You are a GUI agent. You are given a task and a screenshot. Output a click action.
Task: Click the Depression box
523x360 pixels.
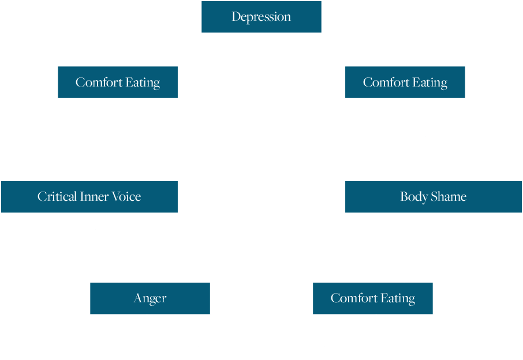(261, 17)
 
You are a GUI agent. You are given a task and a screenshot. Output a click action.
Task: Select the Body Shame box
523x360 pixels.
(433, 197)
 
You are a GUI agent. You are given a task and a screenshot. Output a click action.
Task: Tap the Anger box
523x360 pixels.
(150, 298)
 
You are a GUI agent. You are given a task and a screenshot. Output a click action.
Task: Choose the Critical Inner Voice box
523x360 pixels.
(89, 197)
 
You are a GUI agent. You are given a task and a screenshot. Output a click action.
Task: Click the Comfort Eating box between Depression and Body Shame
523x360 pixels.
(405, 82)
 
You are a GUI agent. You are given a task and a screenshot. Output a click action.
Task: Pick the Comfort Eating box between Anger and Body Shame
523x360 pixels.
(372, 298)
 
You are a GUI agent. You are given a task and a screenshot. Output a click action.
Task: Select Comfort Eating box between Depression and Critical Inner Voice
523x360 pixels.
(118, 82)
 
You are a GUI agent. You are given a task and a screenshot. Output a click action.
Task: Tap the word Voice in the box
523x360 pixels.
(126, 197)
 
